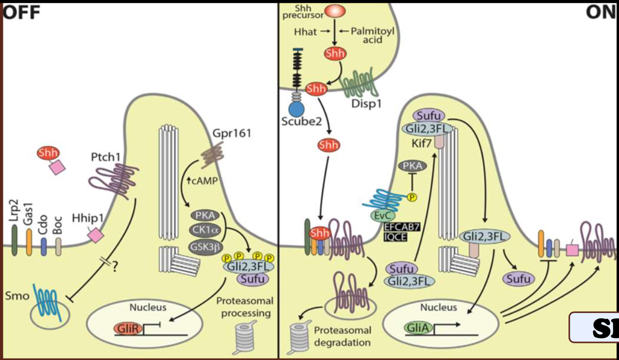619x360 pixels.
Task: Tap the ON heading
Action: [601, 12]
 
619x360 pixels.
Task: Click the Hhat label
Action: [305, 32]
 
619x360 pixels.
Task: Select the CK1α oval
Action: [205, 230]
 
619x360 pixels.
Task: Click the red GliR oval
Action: [129, 328]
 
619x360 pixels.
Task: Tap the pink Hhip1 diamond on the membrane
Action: [95, 236]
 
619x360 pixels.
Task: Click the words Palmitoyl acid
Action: [372, 36]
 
